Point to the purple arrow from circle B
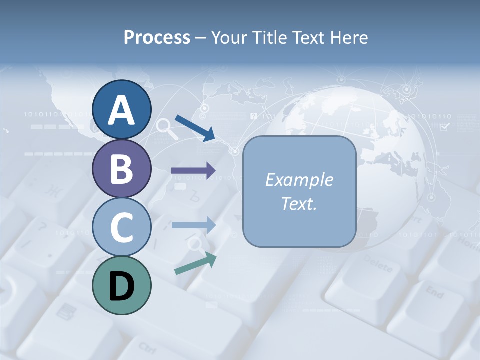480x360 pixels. (x=194, y=171)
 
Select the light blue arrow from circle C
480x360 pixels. (x=194, y=225)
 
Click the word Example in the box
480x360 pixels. (x=299, y=180)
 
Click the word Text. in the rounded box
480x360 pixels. (x=299, y=204)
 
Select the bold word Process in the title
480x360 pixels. (x=157, y=38)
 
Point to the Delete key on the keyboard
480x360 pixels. (x=378, y=265)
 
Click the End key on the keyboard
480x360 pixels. (x=434, y=292)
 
